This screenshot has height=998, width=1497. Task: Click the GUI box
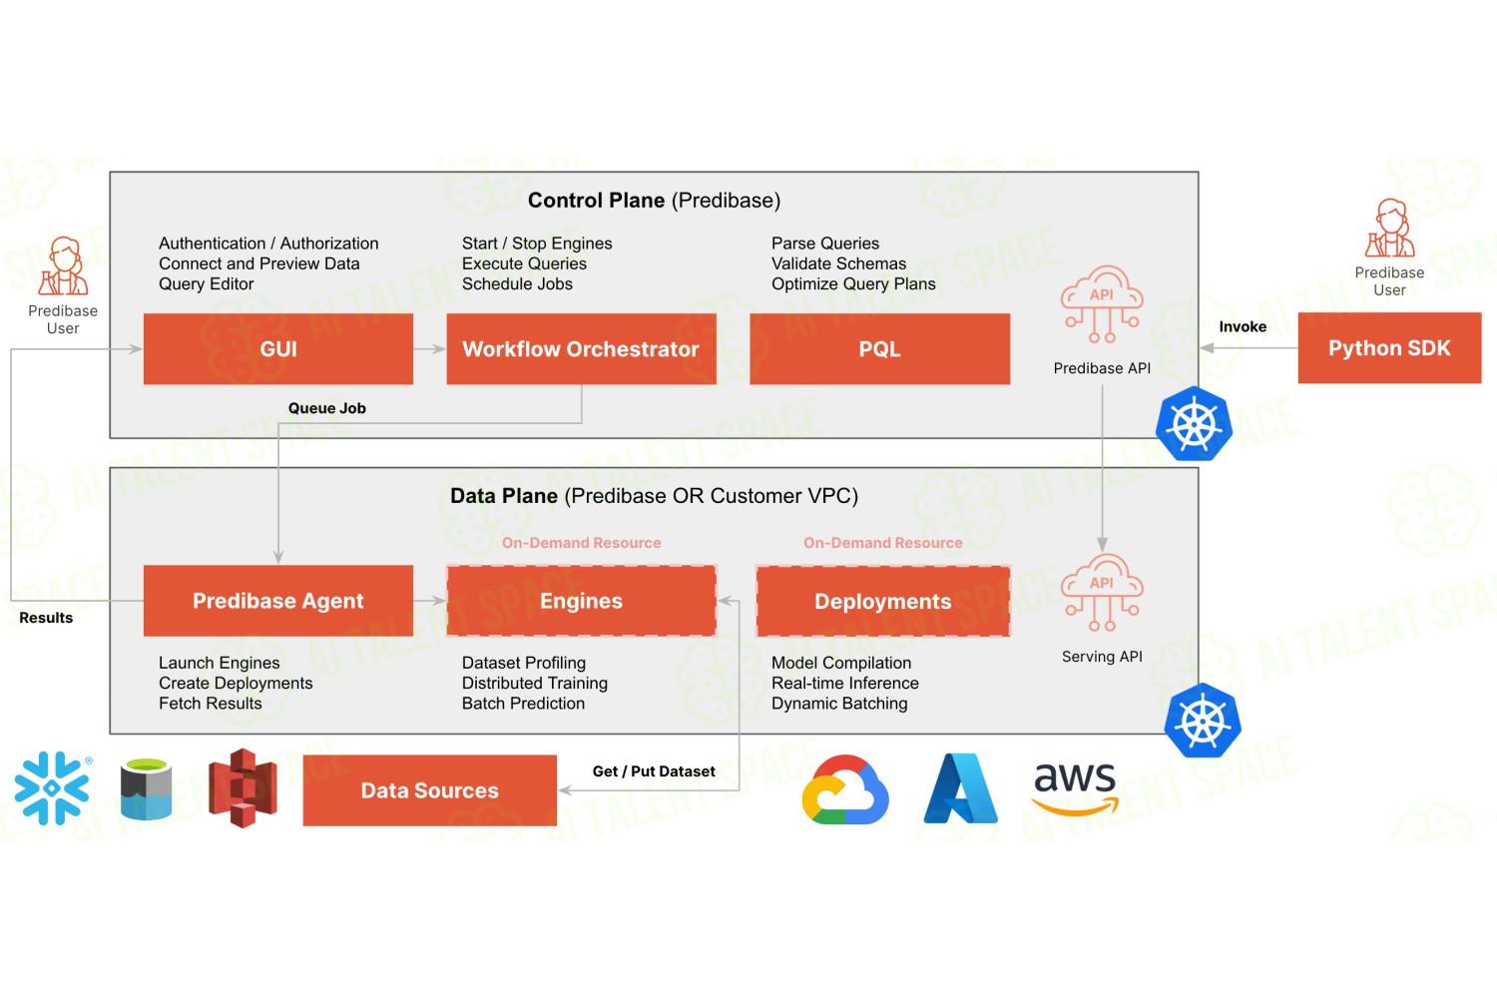point(278,349)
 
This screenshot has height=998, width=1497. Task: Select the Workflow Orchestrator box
point(582,349)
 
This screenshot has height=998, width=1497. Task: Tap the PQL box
point(879,349)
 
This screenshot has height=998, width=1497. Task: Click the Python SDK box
point(1389,347)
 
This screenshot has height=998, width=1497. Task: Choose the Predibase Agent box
point(278,600)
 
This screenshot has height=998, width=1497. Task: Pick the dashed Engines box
point(582,600)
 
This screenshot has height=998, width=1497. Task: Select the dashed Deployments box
point(883,601)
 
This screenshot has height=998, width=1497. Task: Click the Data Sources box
point(430,790)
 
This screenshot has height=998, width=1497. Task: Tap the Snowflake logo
point(52,788)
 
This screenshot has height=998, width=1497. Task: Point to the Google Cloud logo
point(845,789)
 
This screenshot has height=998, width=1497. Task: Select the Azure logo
point(960,788)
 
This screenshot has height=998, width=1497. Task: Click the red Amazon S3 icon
point(243,788)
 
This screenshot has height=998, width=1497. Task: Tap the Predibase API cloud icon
point(1102,304)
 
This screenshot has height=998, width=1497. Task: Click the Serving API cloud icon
point(1102,592)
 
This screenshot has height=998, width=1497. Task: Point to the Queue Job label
point(326,408)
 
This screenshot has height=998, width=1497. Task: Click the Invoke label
point(1243,326)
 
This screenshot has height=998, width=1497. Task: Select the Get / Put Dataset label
point(654,770)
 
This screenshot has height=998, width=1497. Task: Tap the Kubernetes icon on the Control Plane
point(1195,424)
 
